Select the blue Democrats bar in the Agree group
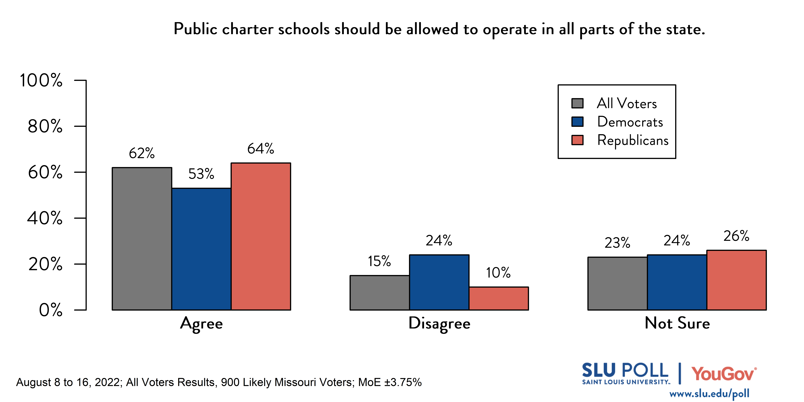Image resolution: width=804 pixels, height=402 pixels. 201,249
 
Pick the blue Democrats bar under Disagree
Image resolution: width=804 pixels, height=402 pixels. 439,282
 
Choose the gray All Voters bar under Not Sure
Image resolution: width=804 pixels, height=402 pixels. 617,283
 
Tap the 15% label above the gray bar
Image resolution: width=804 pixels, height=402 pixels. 379,261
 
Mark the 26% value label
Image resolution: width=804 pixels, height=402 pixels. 736,236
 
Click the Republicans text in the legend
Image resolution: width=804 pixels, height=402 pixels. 633,140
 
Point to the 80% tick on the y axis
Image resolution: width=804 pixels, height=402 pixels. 45,126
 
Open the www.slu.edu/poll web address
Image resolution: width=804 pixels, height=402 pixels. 709,394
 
